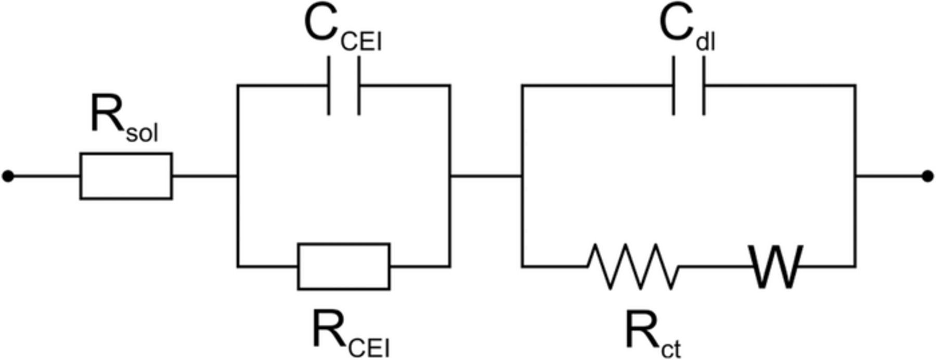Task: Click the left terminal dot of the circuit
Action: (8, 176)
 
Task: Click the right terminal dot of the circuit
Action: (927, 176)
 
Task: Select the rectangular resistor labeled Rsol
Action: (126, 176)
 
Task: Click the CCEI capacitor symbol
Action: (344, 86)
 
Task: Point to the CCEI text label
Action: (342, 29)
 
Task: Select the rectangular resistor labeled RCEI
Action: (344, 266)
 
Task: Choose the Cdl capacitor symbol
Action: (689, 86)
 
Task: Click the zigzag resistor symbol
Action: (633, 266)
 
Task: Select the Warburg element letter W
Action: (775, 267)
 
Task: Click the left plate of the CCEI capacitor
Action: (329, 86)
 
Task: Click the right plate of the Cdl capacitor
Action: (704, 86)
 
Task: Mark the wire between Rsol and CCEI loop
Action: (205, 176)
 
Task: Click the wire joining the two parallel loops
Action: (486, 176)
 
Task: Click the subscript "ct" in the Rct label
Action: (671, 349)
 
